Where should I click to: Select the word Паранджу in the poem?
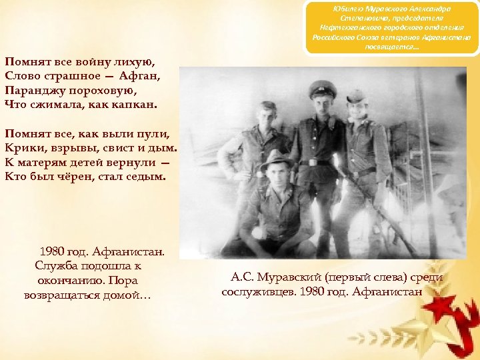(x=34, y=89)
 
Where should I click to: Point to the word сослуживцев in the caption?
(x=262, y=292)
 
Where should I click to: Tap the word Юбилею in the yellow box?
(x=347, y=9)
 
